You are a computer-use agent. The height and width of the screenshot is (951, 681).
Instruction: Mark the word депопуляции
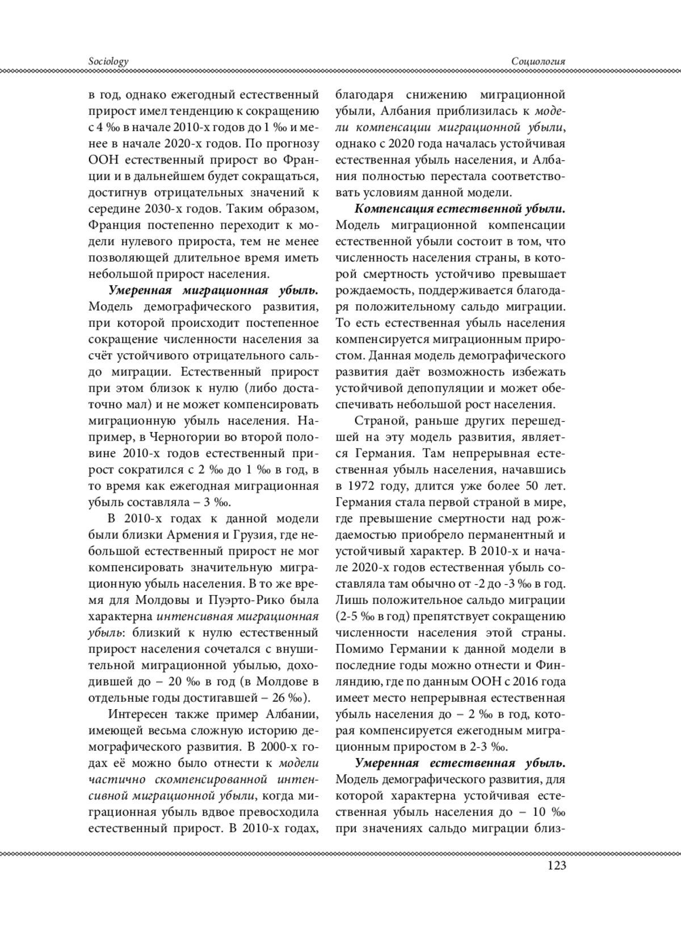(x=443, y=388)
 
